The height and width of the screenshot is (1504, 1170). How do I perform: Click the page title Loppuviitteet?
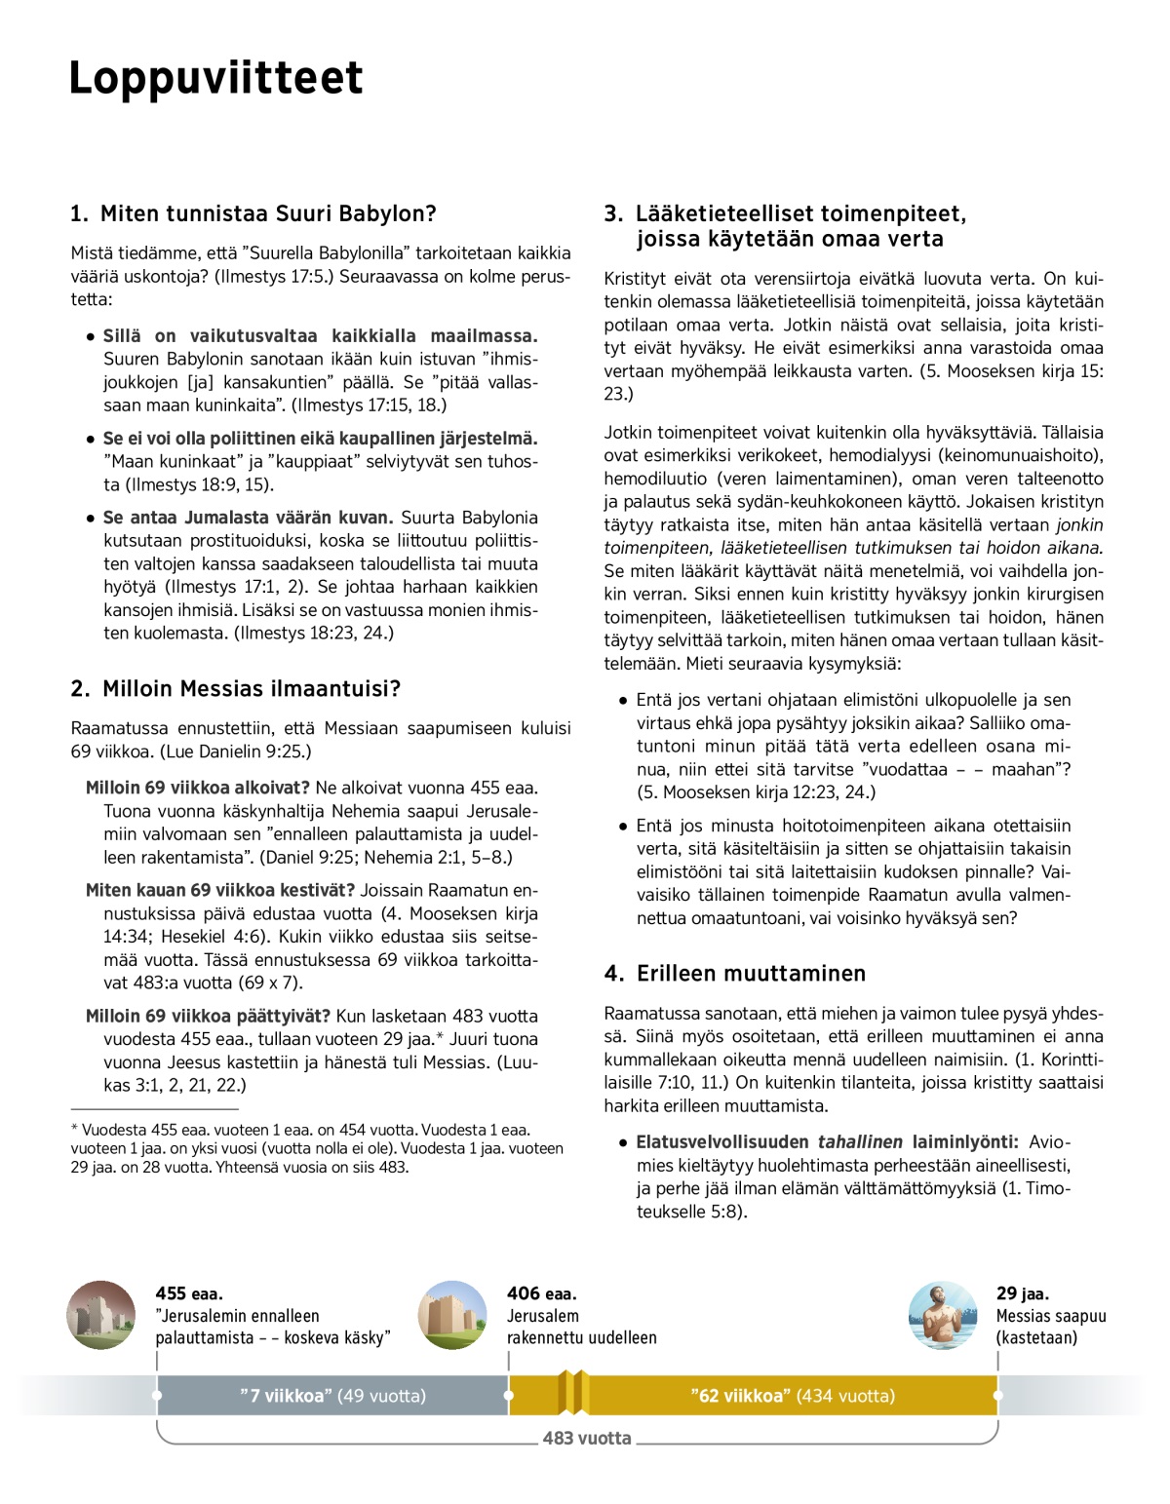215,78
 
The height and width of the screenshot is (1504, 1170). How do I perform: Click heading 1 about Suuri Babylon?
253,213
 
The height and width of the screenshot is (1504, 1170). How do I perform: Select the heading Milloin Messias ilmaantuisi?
236,689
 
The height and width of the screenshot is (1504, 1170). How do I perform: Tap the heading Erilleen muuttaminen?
735,974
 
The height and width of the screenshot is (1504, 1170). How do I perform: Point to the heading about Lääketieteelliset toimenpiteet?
786,226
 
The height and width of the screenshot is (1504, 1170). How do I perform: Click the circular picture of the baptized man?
942,1315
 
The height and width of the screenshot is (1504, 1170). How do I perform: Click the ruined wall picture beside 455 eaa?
101,1315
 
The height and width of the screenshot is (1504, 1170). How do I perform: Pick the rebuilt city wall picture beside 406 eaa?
452,1315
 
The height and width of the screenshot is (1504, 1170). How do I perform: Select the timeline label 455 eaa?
189,1293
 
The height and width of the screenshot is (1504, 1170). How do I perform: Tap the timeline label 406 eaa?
541,1293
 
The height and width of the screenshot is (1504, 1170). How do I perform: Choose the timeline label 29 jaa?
1023,1293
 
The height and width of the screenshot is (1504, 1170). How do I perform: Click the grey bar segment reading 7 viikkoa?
332,1396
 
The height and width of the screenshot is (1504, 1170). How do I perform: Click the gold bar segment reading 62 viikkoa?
792,1396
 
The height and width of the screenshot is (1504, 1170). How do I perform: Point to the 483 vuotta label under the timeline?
587,1438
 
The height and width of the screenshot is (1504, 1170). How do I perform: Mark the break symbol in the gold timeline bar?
573,1393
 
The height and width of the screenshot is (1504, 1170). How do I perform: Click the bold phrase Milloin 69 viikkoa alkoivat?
198,788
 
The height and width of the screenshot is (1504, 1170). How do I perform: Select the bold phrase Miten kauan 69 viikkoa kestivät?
220,890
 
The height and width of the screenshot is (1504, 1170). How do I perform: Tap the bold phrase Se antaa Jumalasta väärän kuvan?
248,518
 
